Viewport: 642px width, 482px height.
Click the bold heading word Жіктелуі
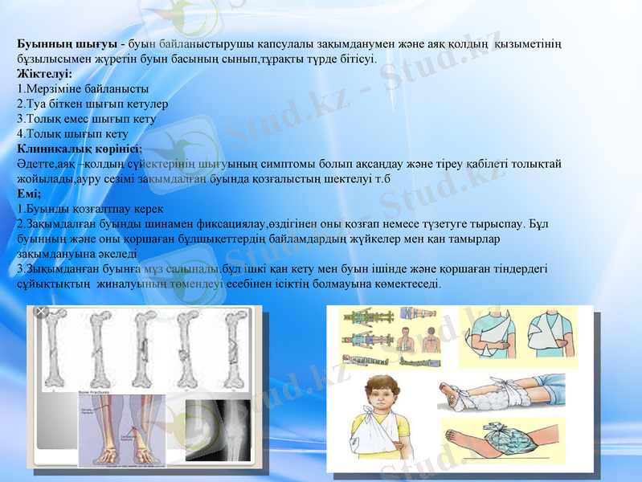[45, 74]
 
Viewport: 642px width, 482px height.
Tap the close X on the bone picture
[42, 312]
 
